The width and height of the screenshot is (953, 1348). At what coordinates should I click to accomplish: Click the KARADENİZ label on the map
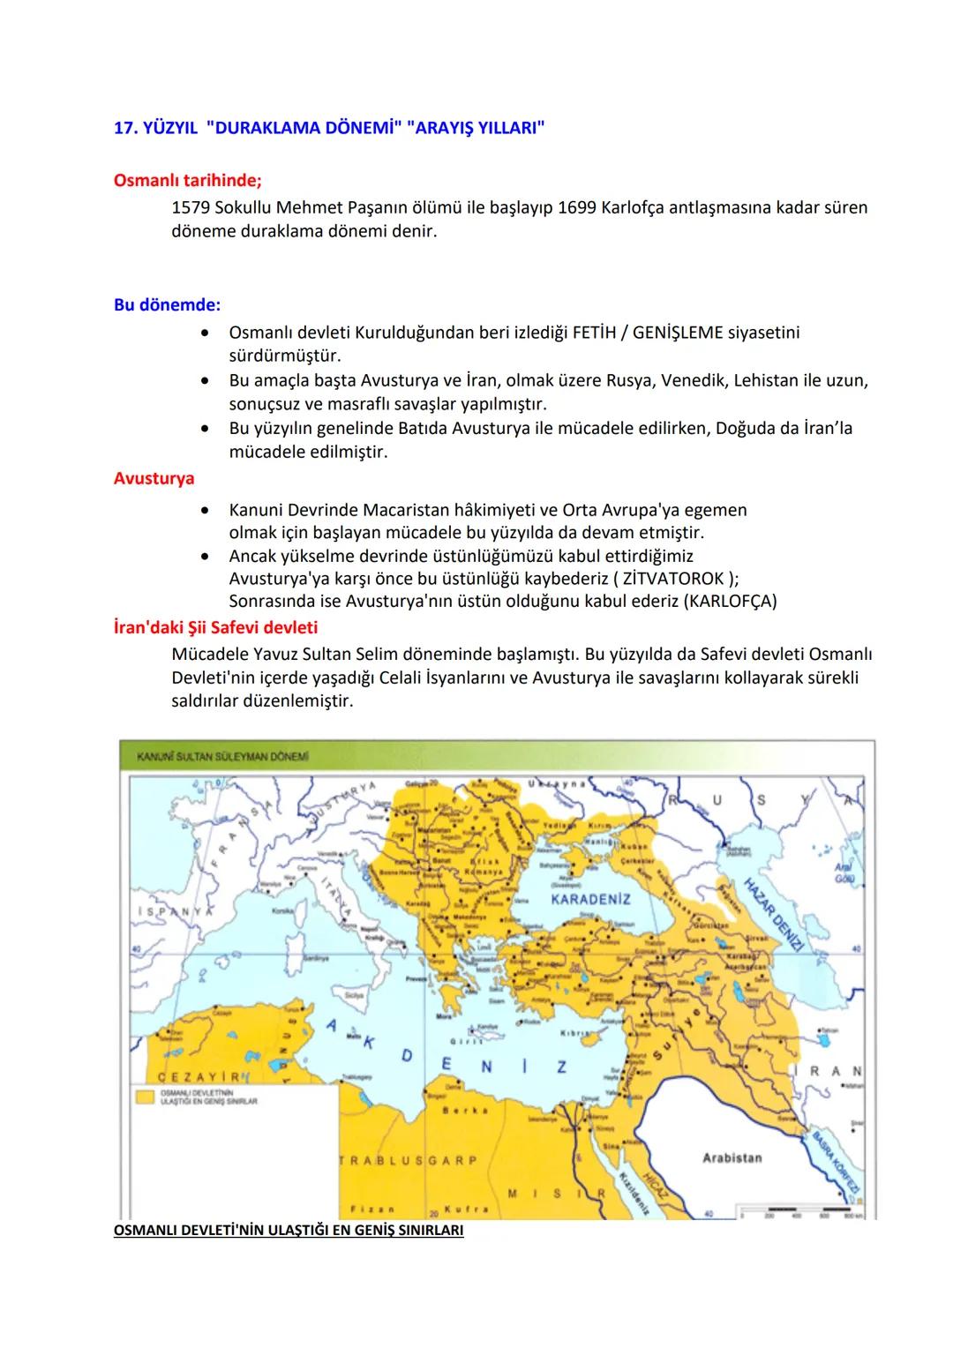590,900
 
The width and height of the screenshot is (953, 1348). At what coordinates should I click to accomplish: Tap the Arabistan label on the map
732,1157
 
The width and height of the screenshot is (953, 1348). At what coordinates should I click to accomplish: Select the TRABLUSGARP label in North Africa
409,1160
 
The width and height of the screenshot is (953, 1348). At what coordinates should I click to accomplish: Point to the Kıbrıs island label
575,1032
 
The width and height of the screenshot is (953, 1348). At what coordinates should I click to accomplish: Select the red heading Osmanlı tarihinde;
187,180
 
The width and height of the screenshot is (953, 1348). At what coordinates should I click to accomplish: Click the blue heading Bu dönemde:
167,304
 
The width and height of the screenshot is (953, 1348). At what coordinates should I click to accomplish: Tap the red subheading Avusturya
154,478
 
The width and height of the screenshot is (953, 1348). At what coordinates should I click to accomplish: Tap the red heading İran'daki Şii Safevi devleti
215,627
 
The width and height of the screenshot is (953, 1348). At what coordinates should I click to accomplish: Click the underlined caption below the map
289,1231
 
